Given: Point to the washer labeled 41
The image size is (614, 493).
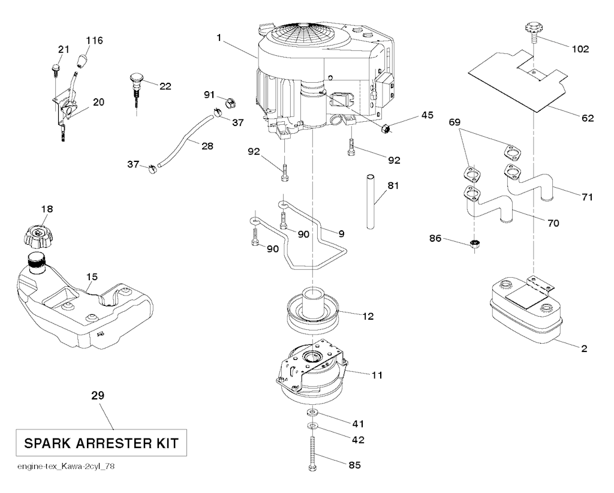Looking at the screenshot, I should pyautogui.click(x=311, y=414).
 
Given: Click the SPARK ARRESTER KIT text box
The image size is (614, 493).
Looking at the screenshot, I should pyautogui.click(x=101, y=444).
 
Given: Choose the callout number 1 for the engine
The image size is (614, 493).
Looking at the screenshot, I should pyautogui.click(x=219, y=37).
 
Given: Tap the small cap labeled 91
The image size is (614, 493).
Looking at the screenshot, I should pyautogui.click(x=229, y=103).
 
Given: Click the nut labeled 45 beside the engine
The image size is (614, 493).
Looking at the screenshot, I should pyautogui.click(x=386, y=127).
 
